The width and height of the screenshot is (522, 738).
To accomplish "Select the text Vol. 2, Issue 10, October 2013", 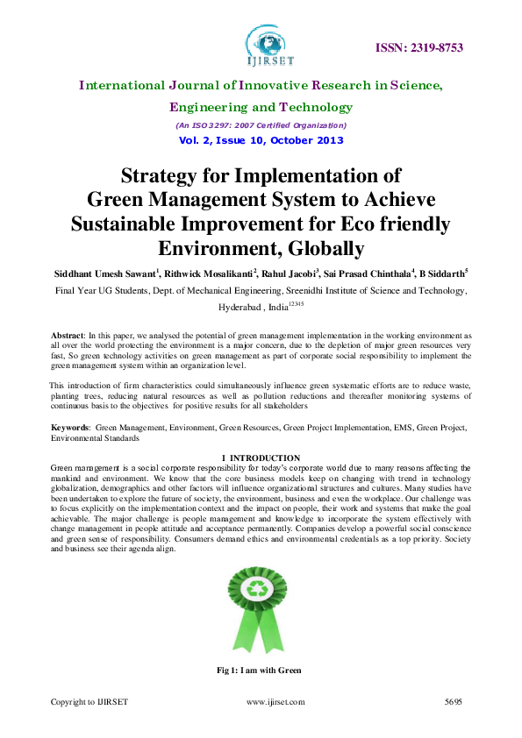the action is click(x=261, y=140).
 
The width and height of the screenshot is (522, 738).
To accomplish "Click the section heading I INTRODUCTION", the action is click(x=261, y=458).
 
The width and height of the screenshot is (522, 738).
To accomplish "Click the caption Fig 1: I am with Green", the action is click(x=259, y=671).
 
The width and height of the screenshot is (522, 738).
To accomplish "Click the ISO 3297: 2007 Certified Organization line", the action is click(x=261, y=125).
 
